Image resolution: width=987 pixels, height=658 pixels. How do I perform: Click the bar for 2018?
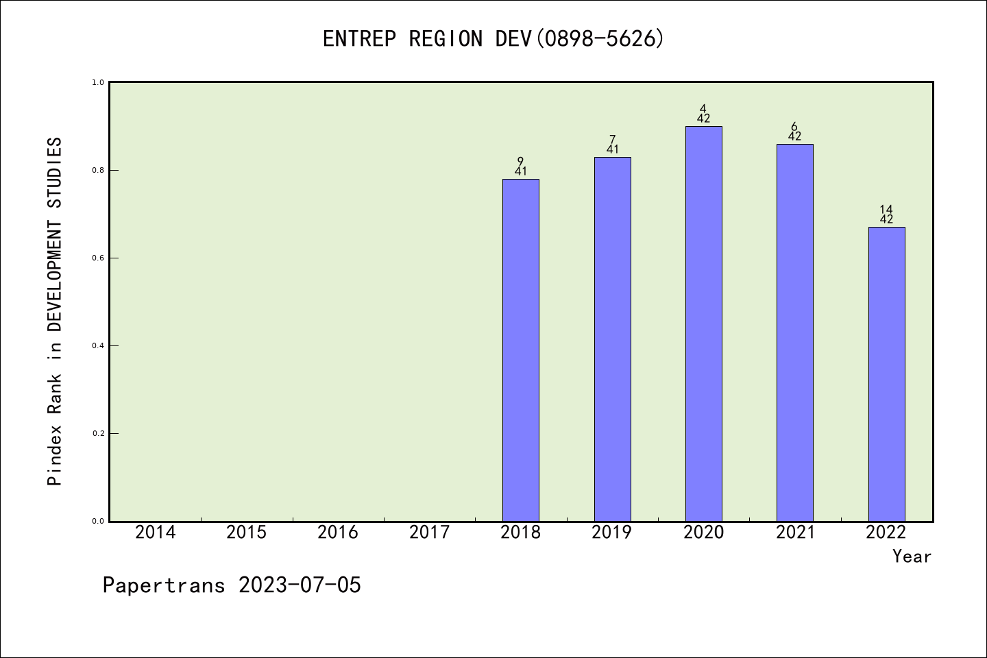pyautogui.click(x=521, y=350)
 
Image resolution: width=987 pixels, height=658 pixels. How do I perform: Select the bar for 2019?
pyautogui.click(x=612, y=339)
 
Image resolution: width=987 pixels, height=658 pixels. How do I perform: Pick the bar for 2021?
pyautogui.click(x=795, y=332)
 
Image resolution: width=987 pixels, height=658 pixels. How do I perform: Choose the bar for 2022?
pyautogui.click(x=886, y=374)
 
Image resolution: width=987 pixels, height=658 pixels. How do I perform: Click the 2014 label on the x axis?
pyautogui.click(x=155, y=533)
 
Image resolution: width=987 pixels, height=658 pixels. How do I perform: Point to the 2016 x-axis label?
pyautogui.click(x=338, y=533)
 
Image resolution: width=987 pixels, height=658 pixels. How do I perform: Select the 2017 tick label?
pyautogui.click(x=429, y=533)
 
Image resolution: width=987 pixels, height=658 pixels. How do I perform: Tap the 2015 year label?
pyautogui.click(x=247, y=533)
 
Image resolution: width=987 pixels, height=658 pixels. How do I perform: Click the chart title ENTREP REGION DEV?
pyautogui.click(x=493, y=39)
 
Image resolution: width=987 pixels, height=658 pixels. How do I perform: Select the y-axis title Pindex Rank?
pyautogui.click(x=55, y=312)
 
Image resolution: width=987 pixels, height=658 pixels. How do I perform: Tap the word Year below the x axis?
pyautogui.click(x=912, y=557)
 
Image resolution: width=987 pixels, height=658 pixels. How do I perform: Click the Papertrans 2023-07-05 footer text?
pyautogui.click(x=232, y=585)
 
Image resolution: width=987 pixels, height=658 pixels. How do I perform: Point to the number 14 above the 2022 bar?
pyautogui.click(x=886, y=209)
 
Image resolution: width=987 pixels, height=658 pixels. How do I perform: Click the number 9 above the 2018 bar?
pyautogui.click(x=521, y=161)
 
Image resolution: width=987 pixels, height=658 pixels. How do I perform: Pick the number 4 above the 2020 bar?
pyautogui.click(x=703, y=108)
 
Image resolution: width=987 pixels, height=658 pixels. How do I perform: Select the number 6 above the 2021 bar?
pyautogui.click(x=794, y=126)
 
